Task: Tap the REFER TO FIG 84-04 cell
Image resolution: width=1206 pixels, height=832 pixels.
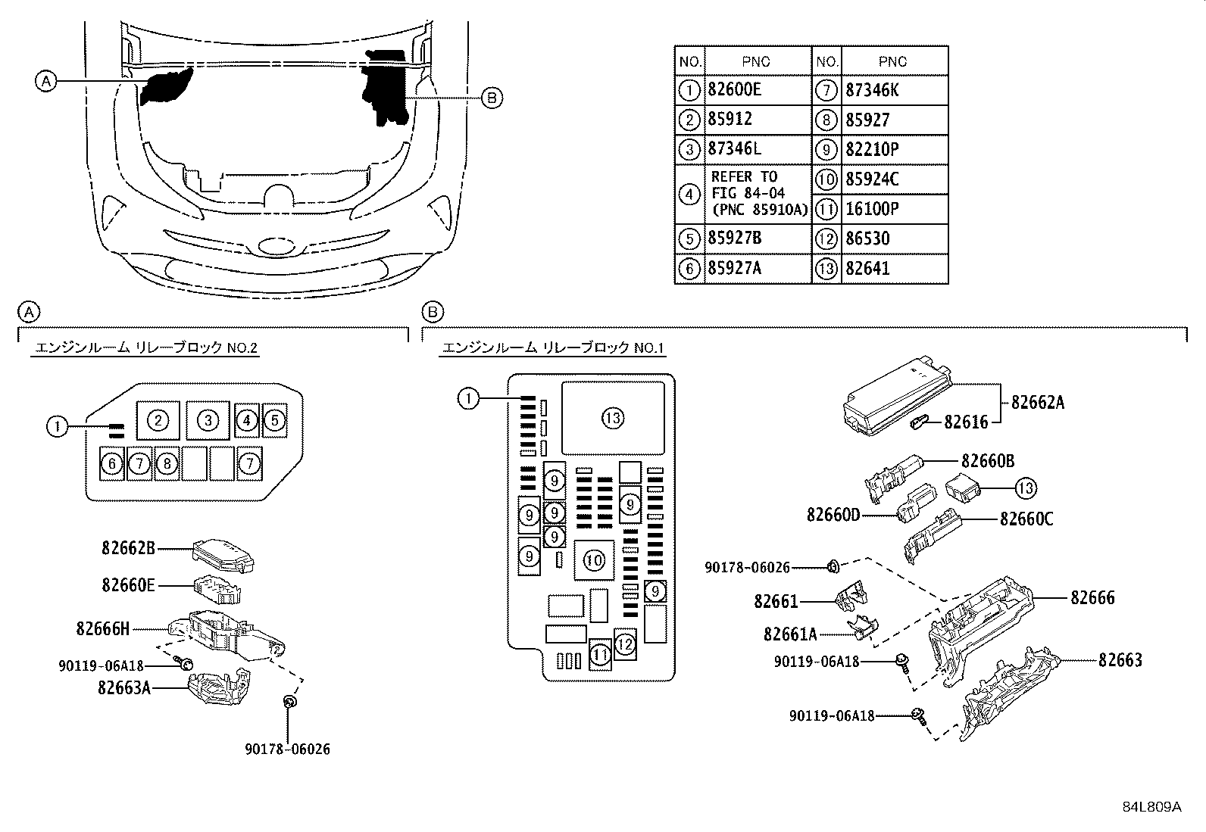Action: tap(758, 193)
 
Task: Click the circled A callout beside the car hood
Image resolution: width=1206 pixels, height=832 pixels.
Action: tap(46, 80)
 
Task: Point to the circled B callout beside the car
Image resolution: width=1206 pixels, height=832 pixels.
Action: tap(491, 97)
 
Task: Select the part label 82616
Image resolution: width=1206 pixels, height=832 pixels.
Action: tap(966, 422)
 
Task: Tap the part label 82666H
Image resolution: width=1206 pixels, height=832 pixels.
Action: tap(103, 628)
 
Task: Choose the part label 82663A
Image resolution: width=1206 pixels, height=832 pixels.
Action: tap(123, 687)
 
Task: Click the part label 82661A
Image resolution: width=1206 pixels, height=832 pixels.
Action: tap(790, 634)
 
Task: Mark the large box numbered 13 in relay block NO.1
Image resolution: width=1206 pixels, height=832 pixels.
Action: tap(613, 417)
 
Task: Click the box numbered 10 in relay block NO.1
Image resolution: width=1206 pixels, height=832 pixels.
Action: tap(594, 560)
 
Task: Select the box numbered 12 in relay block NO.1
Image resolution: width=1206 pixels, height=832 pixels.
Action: tap(624, 644)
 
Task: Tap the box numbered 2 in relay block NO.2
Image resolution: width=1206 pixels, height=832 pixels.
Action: tap(158, 421)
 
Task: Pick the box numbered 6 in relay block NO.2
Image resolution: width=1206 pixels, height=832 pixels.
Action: tap(112, 463)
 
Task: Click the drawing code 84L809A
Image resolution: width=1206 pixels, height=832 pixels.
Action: tap(1151, 807)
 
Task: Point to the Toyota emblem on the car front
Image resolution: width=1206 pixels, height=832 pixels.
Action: tap(277, 247)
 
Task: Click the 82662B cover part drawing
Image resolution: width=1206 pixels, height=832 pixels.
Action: tap(223, 555)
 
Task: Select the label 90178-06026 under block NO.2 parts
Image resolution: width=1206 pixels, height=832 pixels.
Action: tap(287, 749)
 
